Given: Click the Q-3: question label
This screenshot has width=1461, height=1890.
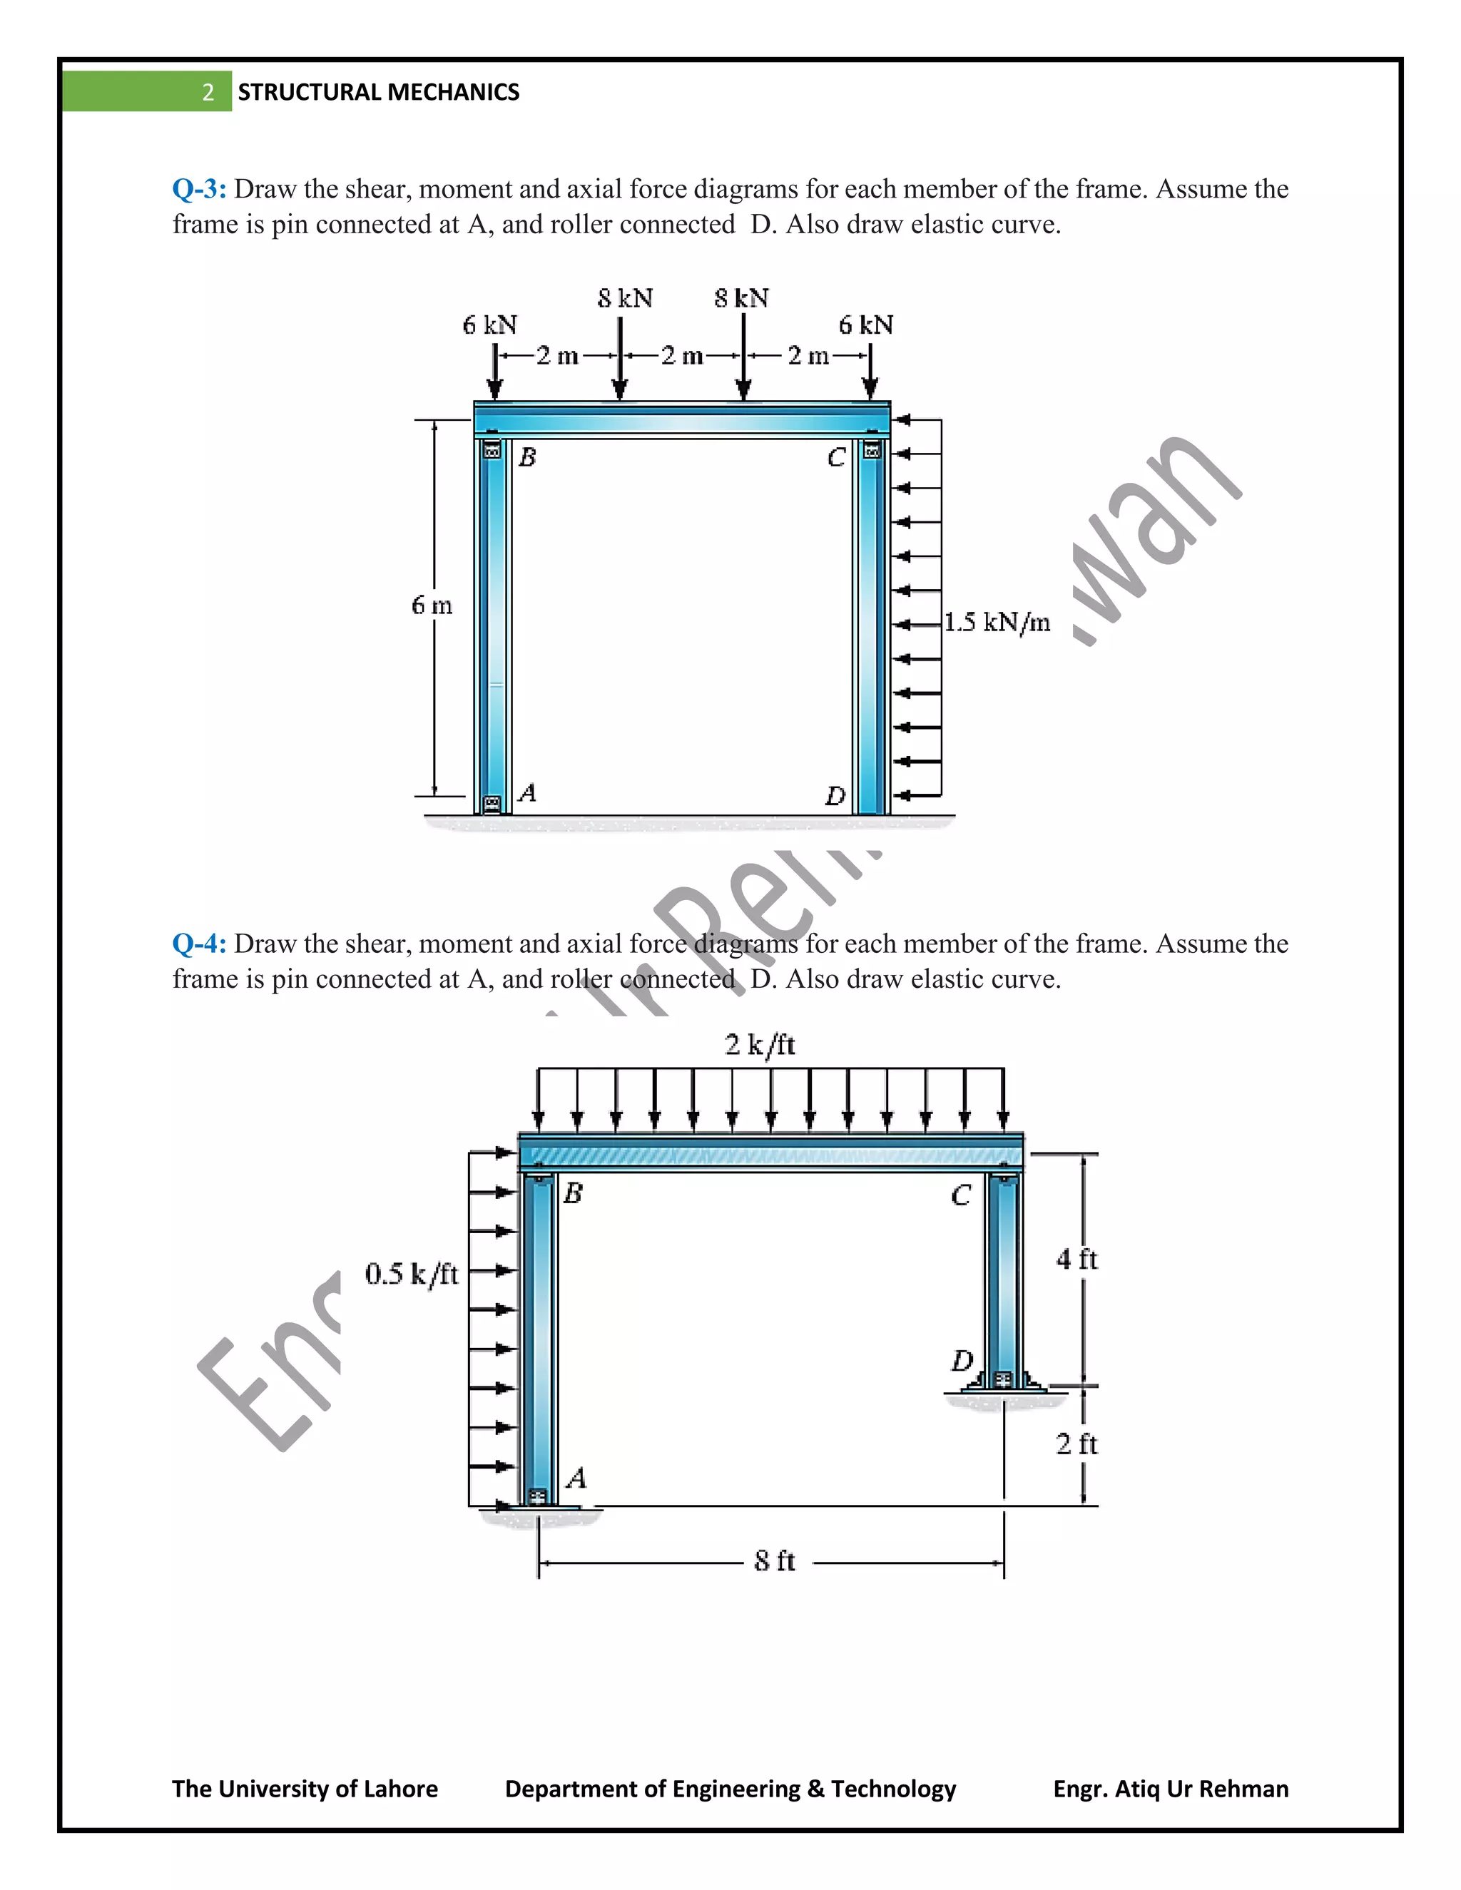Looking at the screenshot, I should click(199, 189).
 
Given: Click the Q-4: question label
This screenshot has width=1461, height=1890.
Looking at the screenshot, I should click(199, 944).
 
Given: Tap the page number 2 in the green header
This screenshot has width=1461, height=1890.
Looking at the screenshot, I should click(208, 93).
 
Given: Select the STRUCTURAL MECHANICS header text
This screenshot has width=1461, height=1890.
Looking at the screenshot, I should click(378, 93).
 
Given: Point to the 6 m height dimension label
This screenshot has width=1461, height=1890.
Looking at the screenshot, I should click(431, 605).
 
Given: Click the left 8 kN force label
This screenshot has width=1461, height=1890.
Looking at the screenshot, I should click(625, 299).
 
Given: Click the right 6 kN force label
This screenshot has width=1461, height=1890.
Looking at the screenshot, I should click(865, 325).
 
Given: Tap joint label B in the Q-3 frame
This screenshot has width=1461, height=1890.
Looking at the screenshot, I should click(527, 457).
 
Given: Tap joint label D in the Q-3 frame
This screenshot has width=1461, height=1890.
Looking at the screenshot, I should click(835, 795).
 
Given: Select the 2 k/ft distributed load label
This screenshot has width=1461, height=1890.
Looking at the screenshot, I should click(759, 1045).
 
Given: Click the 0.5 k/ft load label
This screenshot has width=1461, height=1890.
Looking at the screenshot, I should click(411, 1274).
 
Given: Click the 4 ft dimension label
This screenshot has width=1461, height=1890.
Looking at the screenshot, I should click(1076, 1259).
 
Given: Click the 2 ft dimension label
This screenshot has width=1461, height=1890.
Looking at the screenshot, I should click(1076, 1444).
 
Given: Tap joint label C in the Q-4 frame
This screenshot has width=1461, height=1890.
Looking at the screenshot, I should click(961, 1195).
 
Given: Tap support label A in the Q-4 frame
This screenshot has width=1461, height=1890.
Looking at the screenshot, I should click(576, 1477).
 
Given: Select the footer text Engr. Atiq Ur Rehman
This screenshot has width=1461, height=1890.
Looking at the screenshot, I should click(1170, 1789).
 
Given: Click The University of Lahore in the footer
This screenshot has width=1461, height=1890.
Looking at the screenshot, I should click(305, 1789).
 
